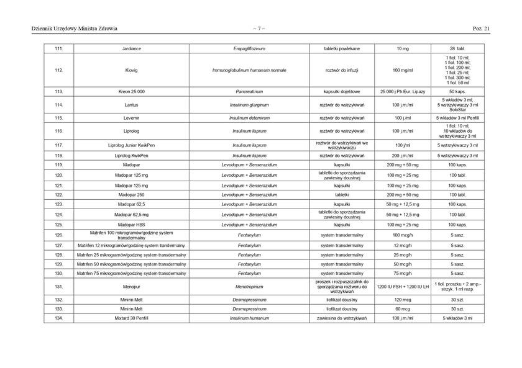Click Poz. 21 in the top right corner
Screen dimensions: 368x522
(481, 28)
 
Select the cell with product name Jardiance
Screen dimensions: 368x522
(131, 48)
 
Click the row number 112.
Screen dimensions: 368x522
(58, 70)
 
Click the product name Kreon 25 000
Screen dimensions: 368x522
(131, 91)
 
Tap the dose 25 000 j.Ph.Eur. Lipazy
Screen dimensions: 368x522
(403, 91)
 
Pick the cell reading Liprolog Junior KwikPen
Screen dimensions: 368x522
(131, 145)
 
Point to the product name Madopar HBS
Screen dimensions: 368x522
(131, 225)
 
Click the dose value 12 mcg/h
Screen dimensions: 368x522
(403, 245)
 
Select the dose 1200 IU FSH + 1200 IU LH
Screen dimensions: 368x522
(403, 287)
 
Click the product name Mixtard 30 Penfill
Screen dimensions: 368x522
(131, 318)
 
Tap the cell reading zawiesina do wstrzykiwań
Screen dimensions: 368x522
(342, 318)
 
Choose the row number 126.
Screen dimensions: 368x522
(58, 235)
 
